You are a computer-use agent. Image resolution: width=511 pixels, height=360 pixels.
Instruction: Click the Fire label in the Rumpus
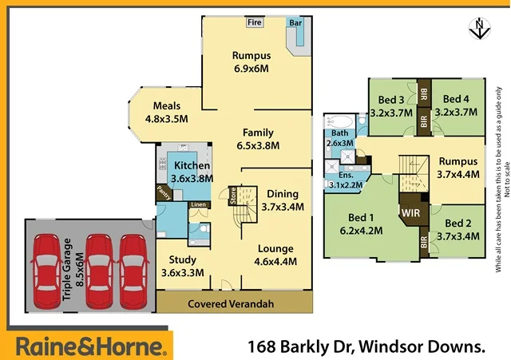(255, 22)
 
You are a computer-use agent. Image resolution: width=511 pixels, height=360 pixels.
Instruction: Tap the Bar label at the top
(294, 22)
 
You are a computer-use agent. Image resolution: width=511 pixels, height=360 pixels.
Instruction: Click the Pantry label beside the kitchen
(164, 192)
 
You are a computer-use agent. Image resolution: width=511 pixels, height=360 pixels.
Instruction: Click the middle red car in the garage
(97, 262)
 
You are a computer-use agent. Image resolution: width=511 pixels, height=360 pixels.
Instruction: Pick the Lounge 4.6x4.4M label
(276, 254)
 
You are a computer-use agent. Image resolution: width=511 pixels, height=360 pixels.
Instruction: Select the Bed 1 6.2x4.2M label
(362, 224)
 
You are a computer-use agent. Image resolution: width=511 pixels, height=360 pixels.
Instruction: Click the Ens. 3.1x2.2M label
(346, 179)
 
